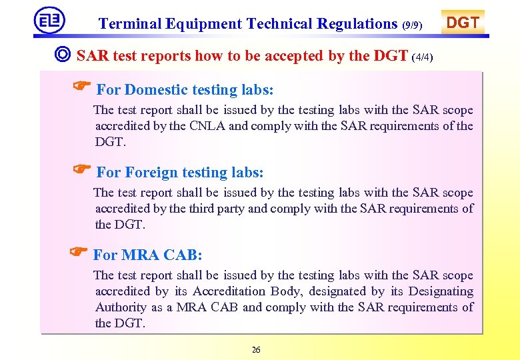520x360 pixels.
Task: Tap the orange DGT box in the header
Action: [x=463, y=23]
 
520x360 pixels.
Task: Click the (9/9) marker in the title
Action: [x=413, y=25]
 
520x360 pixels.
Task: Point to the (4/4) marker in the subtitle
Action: [x=423, y=57]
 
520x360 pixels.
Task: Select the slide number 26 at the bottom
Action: [x=256, y=349]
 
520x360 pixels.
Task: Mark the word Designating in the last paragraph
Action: [x=441, y=291]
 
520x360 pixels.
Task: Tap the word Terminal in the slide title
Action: [x=128, y=24]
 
